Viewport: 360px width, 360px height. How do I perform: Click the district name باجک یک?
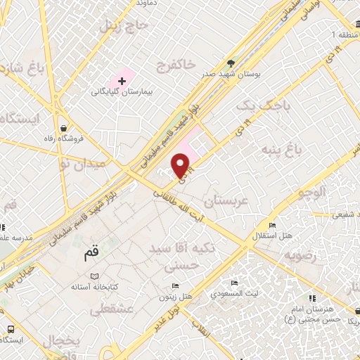click(254, 106)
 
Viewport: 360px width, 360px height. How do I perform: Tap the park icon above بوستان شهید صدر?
click(230, 62)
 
